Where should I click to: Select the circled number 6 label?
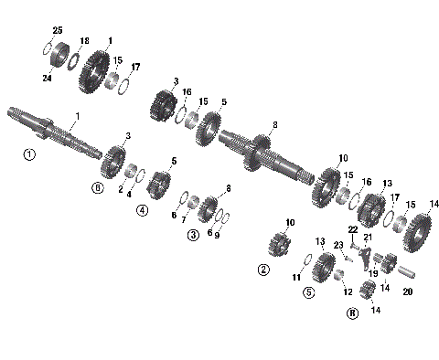[97, 188]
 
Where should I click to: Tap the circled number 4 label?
[143, 210]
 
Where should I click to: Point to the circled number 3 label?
[193, 235]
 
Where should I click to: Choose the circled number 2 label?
[263, 270]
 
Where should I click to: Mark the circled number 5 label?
[309, 292]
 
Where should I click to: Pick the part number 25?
[58, 31]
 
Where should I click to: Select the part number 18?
[84, 42]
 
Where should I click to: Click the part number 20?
[408, 292]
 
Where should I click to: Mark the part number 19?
[372, 273]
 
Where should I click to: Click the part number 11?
[295, 277]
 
